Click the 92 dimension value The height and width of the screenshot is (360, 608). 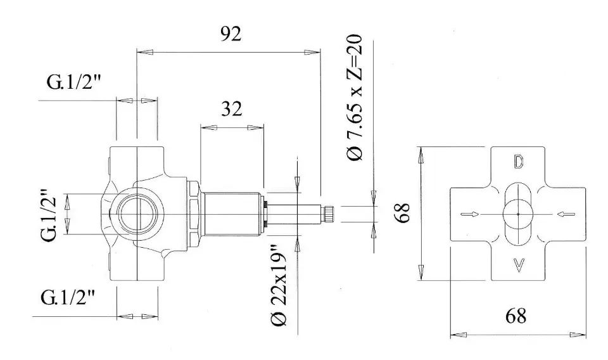[231, 34]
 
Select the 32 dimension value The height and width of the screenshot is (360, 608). [232, 108]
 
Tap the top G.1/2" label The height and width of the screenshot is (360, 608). [73, 82]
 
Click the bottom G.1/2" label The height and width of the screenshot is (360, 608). [68, 298]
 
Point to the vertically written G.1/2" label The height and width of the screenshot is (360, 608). [50, 214]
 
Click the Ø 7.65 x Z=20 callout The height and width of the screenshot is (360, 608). [355, 97]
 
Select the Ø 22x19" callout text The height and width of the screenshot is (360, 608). [279, 285]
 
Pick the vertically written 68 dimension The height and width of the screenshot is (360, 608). [403, 212]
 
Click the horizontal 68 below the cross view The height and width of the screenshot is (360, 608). [516, 316]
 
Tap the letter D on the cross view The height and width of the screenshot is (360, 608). [519, 162]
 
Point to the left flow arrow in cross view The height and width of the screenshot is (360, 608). [470, 214]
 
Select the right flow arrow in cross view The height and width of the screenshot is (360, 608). [566, 214]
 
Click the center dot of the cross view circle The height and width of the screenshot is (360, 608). [518, 214]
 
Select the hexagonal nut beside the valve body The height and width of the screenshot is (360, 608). [194, 214]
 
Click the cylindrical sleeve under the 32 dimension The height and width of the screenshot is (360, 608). [231, 214]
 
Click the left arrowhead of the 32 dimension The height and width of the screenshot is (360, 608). [208, 127]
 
